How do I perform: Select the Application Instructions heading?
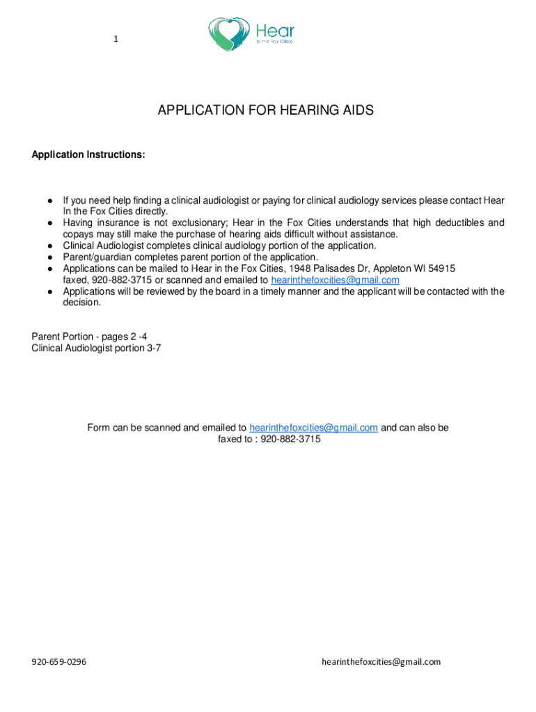88,154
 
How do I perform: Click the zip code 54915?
442,268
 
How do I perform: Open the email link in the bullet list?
335,280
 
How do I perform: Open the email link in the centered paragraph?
313,428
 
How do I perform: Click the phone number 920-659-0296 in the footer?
58,662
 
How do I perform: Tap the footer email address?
381,662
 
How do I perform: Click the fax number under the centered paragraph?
290,439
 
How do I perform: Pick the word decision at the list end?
81,302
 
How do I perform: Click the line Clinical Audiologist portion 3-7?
96,348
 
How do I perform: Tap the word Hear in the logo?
276,30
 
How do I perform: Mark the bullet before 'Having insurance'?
51,223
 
